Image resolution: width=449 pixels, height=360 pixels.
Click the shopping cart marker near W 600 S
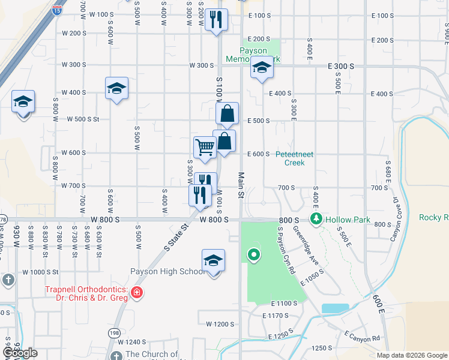click(205, 147)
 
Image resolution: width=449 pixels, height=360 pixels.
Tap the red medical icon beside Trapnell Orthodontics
click(137, 292)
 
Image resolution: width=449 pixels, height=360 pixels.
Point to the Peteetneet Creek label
click(295, 158)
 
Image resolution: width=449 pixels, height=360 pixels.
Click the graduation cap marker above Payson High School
click(213, 261)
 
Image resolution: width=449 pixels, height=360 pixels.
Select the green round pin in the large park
click(254, 256)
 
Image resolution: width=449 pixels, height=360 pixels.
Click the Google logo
click(20, 353)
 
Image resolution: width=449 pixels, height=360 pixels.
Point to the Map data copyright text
click(411, 355)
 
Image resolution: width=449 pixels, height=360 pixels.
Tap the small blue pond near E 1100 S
click(335, 308)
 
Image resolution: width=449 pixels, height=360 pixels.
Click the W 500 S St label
click(83, 119)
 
